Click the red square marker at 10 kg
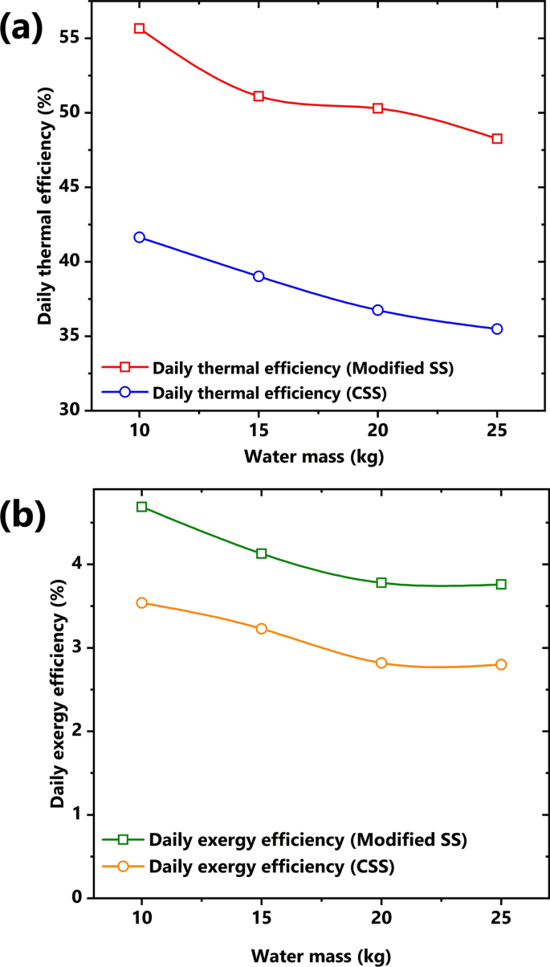pyautogui.click(x=139, y=28)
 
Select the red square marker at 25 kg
pyautogui.click(x=497, y=139)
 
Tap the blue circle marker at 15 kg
pyautogui.click(x=259, y=276)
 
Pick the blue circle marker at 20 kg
pyautogui.click(x=377, y=310)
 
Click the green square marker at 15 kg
pyautogui.click(x=261, y=553)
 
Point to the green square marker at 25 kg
pyautogui.click(x=501, y=584)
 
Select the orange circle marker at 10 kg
pyautogui.click(x=141, y=602)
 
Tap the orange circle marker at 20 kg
pyautogui.click(x=381, y=663)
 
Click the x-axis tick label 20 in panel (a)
pyautogui.click(x=377, y=430)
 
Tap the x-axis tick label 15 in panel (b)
pyautogui.click(x=261, y=917)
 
